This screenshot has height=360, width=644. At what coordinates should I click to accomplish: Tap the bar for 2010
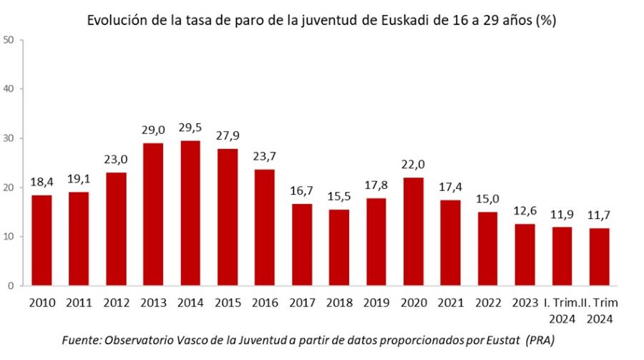[42, 240]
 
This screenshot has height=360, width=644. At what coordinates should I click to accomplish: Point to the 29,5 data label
[190, 127]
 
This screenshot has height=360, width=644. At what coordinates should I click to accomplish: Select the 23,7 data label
[263, 156]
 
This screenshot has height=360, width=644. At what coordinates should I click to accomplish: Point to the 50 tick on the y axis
[9, 40]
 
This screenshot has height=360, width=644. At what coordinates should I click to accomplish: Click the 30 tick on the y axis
[9, 138]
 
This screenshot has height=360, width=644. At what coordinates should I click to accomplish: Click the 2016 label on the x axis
[263, 303]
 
